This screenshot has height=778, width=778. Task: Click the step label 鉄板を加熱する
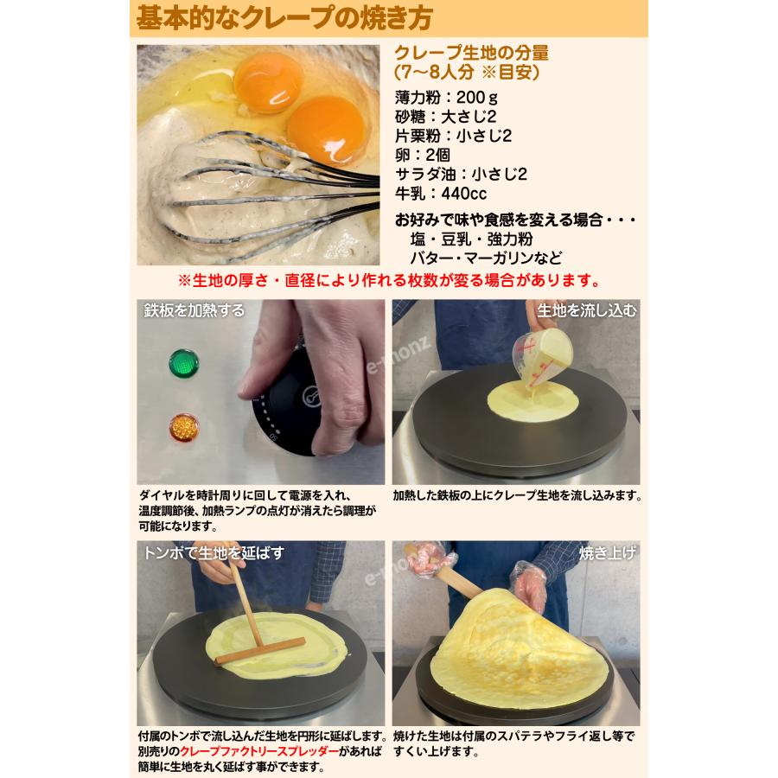click(x=194, y=310)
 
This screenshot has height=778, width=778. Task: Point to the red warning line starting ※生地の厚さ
click(x=389, y=281)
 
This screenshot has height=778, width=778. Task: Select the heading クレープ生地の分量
click(x=470, y=53)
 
